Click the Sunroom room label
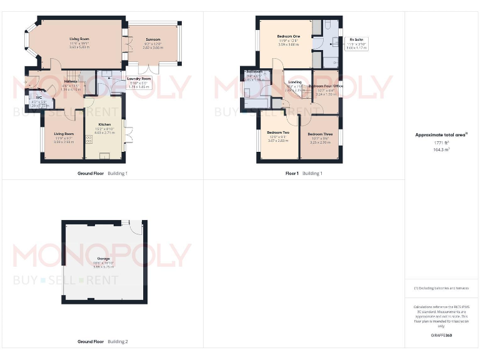[153, 39]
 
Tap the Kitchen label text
[104, 124]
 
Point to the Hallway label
[71, 82]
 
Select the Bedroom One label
[289, 36]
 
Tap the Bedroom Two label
[278, 132]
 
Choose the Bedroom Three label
[319, 134]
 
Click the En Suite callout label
[356, 39]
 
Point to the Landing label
[294, 82]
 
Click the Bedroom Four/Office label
[326, 86]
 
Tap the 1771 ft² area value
[441, 142]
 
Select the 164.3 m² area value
[441, 149]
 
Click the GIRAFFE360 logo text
[441, 336]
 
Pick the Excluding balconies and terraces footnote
[441, 288]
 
